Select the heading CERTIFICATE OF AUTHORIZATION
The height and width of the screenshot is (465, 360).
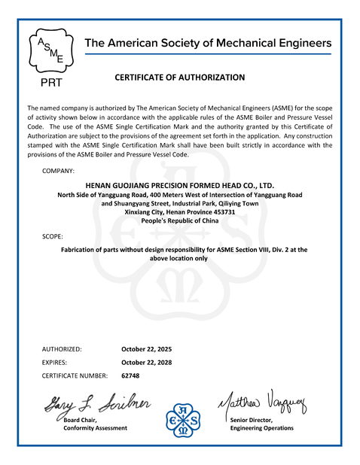pyautogui.click(x=180, y=77)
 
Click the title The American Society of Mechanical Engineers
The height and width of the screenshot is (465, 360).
pyautogui.click(x=208, y=43)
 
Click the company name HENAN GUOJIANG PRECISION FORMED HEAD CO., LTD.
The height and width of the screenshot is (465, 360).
pyautogui.click(x=180, y=184)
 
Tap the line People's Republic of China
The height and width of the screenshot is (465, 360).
pyautogui.click(x=180, y=223)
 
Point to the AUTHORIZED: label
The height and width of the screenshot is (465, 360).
pyautogui.click(x=62, y=349)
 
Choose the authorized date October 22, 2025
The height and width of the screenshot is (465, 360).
pyautogui.click(x=147, y=349)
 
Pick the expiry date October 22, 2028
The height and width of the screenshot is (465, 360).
pyautogui.click(x=147, y=362)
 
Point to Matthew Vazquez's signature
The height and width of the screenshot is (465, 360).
pyautogui.click(x=263, y=404)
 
